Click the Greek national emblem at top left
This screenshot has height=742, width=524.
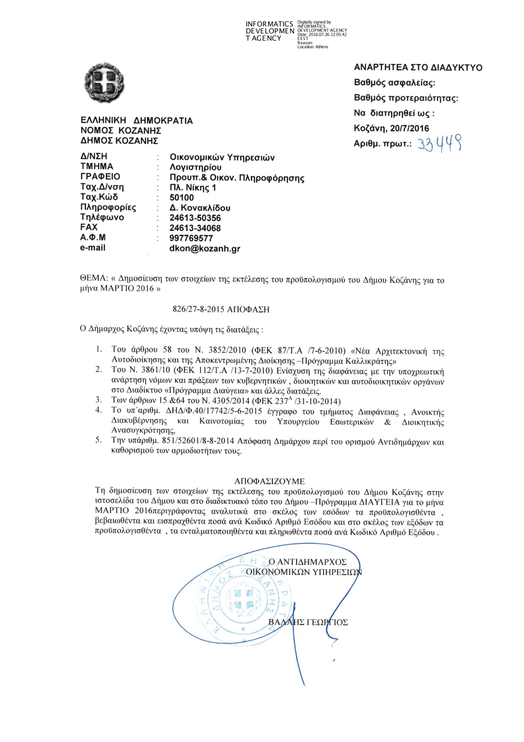104,83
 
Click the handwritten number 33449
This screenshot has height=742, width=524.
440,143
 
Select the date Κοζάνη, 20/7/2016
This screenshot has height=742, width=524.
391,128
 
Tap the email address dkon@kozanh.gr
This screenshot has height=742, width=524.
204,248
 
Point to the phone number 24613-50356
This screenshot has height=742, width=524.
195,218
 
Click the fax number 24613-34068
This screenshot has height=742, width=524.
195,228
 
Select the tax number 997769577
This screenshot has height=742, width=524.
191,238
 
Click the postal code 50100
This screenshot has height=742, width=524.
181,197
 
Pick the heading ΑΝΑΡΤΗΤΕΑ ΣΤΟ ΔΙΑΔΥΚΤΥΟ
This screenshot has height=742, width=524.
418,67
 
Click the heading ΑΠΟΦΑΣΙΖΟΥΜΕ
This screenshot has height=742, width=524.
269,481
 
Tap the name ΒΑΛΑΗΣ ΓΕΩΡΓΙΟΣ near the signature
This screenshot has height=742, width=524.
308,622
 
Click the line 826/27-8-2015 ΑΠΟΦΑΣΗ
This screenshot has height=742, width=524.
221,309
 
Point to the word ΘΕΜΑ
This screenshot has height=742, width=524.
93,278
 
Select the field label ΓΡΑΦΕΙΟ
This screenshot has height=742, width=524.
100,176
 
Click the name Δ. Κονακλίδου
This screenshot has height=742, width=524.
200,208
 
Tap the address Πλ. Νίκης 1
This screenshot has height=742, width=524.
192,187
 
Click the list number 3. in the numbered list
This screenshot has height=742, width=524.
99,400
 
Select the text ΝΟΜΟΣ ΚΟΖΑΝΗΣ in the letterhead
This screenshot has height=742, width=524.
121,130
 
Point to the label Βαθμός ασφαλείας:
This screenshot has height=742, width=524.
394,82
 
